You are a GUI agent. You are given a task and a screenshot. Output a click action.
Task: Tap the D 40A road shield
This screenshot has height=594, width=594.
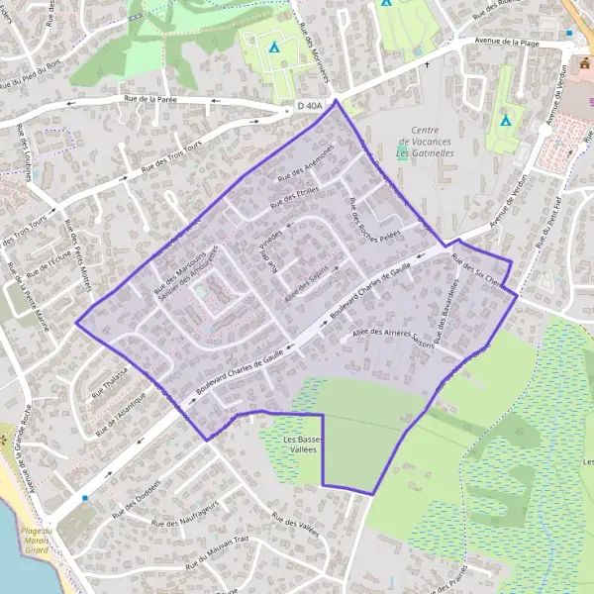coord(309,106)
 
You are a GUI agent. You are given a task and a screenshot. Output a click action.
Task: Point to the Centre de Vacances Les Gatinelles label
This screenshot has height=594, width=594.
coord(425,143)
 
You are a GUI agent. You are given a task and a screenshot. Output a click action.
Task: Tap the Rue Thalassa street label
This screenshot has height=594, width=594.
coord(110,383)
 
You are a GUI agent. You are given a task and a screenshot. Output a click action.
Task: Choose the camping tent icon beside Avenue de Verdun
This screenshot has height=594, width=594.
coord(506,121)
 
